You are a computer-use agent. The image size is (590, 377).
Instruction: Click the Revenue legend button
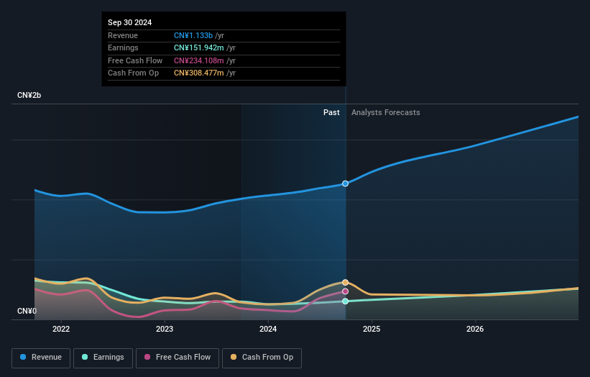pos(41,357)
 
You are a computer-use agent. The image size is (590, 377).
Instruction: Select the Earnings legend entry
pos(102,357)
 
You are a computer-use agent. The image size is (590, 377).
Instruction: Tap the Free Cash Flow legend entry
pos(177,357)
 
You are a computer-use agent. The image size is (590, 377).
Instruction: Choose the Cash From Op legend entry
pos(262,357)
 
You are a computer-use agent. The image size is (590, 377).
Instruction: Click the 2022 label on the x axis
pos(61,330)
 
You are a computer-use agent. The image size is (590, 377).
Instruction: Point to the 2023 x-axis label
pos(165,330)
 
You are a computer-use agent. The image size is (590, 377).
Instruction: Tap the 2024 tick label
pos(268,330)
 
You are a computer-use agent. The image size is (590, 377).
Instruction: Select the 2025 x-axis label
pos(372,330)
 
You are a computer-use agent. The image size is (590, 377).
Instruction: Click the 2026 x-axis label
pos(475,330)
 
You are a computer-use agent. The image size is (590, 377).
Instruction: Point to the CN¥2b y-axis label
pos(29,96)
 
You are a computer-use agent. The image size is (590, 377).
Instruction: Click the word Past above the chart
pos(331,112)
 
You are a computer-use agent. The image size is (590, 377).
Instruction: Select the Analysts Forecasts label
pos(385,112)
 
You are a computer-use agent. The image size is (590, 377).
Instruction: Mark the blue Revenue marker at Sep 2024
pos(346,183)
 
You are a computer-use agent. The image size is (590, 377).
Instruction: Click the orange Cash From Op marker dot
pos(346,282)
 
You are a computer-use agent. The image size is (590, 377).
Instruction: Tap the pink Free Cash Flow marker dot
pos(346,291)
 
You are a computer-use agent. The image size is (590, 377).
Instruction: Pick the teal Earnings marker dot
pos(346,301)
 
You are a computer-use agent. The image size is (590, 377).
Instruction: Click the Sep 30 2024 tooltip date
pos(129,23)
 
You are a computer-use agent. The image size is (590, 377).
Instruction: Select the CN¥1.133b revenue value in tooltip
pos(195,35)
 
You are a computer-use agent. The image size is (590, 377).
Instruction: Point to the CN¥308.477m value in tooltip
pos(199,73)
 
